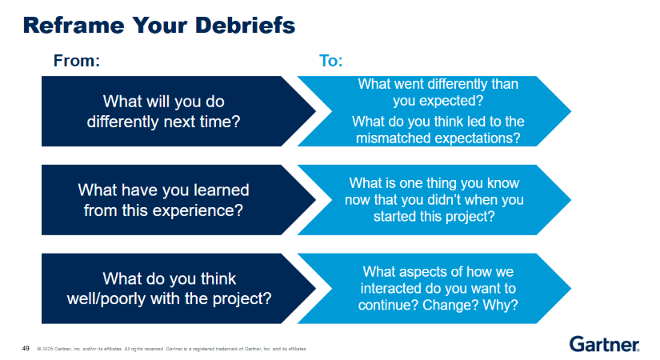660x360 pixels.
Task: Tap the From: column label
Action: point(76,62)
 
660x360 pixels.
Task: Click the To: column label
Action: point(330,62)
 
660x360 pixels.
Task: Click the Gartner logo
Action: point(604,344)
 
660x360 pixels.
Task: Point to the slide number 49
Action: point(25,348)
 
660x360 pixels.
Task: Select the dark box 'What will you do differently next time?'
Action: point(164,111)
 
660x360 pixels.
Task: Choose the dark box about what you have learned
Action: point(164,200)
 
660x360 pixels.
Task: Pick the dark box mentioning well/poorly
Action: point(164,288)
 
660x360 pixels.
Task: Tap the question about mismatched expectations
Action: point(438,130)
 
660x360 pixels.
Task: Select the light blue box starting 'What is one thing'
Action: point(437,200)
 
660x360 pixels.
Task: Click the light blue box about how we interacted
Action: point(437,288)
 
